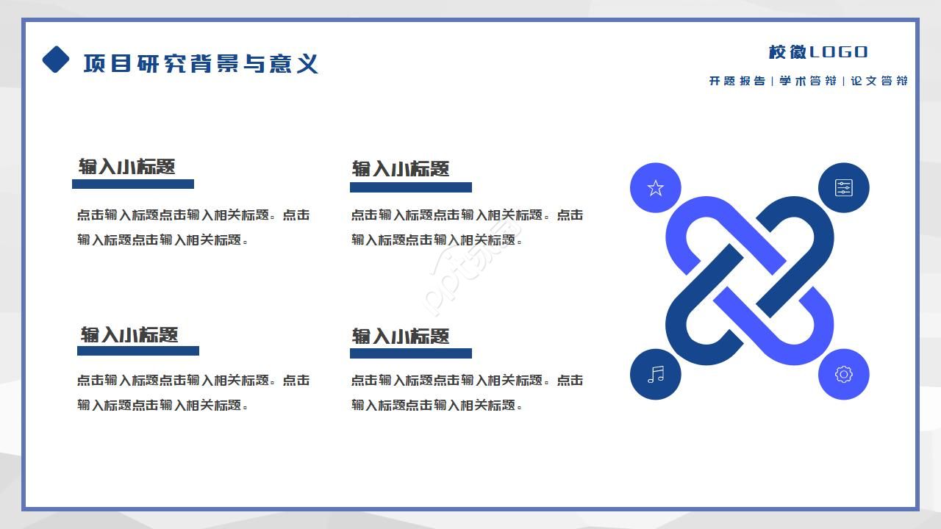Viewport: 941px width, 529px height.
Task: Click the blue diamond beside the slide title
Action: click(x=56, y=60)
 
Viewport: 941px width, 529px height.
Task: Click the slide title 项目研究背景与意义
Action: click(x=201, y=63)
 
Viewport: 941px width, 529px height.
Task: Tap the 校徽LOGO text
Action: click(x=818, y=52)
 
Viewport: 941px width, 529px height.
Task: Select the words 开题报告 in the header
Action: click(x=737, y=81)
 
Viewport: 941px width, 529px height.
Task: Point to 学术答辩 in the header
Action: click(x=808, y=81)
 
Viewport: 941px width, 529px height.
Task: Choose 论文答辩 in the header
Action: click(x=879, y=81)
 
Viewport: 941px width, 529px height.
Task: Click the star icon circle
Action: click(x=656, y=188)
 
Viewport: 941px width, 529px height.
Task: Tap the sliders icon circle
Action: click(x=844, y=188)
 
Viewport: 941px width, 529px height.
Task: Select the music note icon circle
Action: click(x=656, y=375)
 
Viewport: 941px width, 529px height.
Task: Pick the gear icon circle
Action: click(x=844, y=375)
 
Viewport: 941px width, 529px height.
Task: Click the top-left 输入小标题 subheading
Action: click(x=127, y=167)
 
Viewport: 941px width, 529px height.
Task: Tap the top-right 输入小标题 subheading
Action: click(x=401, y=169)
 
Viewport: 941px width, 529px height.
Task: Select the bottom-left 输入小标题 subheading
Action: click(x=129, y=335)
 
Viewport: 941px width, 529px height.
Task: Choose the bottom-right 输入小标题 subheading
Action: click(x=401, y=337)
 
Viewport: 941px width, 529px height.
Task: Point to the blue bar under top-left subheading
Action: click(x=133, y=184)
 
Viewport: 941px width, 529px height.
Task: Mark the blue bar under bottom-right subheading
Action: click(x=411, y=353)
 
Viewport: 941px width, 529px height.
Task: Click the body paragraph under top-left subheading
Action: click(x=193, y=227)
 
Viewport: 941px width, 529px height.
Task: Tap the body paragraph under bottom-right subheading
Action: click(x=467, y=392)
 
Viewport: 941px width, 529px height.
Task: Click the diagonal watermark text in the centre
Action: click(x=470, y=272)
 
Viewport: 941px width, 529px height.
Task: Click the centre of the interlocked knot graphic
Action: click(x=750, y=281)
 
